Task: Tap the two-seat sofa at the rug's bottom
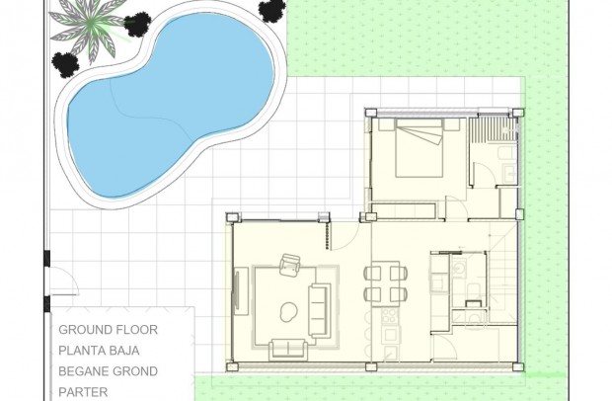point(289,348)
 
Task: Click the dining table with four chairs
point(385,282)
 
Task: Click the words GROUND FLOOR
point(108,330)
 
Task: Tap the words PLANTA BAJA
point(99,351)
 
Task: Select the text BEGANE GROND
point(108,371)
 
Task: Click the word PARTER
point(83,392)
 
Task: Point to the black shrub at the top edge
point(270,9)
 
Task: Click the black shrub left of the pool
point(66,63)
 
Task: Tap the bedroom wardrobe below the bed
point(406,209)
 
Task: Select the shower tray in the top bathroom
point(484,132)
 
